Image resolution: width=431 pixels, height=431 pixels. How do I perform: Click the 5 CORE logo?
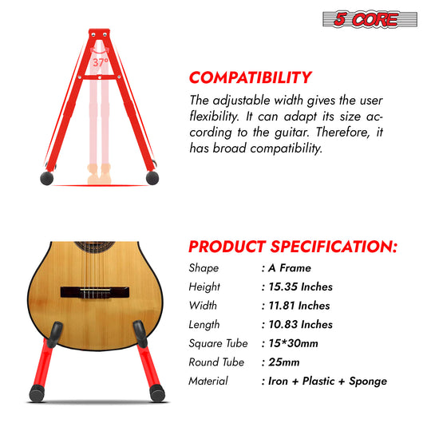tap(370, 19)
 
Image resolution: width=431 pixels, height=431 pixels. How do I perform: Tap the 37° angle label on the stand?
tap(101, 62)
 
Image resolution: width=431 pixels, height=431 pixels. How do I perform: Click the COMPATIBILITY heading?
tap(251, 77)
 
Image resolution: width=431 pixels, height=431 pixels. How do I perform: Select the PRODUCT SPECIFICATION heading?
tap(293, 247)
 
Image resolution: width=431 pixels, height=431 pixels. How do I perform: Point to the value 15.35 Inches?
tap(300, 287)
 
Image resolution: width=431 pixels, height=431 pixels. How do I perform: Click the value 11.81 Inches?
tap(299, 306)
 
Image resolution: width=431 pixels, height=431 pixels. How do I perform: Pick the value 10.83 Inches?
tap(300, 325)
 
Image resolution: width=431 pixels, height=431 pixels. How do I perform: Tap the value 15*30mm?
tap(293, 343)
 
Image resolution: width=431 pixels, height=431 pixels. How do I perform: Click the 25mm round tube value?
tap(284, 362)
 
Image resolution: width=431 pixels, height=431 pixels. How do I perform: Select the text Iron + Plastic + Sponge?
tap(327, 382)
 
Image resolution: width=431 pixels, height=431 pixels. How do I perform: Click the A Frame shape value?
tap(290, 268)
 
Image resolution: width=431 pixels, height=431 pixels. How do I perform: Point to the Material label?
tap(208, 382)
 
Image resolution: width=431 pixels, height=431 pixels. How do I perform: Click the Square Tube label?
tap(218, 343)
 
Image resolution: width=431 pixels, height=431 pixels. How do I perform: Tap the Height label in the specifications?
tap(204, 287)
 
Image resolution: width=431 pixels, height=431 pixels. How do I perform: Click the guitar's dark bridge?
tap(95, 292)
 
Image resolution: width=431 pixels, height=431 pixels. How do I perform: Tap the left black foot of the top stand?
tap(47, 179)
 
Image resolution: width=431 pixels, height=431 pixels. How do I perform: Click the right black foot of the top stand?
tap(152, 178)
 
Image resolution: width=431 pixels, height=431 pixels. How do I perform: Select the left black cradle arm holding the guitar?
tap(55, 334)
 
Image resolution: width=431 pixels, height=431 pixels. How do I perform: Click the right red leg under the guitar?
tap(149, 367)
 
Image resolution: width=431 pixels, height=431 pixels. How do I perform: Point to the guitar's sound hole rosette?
tap(94, 247)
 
